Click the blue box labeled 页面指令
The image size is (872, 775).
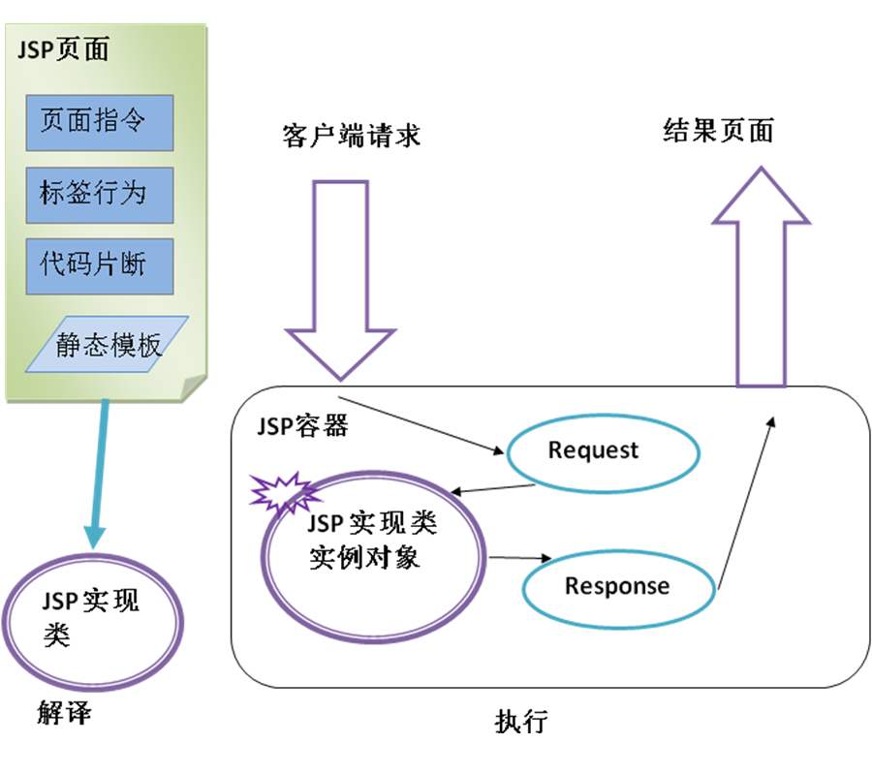(100, 122)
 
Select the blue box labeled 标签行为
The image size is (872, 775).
(100, 194)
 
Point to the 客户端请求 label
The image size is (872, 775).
(352, 136)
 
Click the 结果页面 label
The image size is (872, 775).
(718, 132)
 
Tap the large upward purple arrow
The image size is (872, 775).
(761, 281)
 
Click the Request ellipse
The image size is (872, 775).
(593, 450)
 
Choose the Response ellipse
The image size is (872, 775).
(617, 586)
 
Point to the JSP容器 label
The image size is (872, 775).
(302, 427)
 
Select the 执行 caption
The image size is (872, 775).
(521, 722)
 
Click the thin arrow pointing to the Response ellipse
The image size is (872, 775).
(520, 558)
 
